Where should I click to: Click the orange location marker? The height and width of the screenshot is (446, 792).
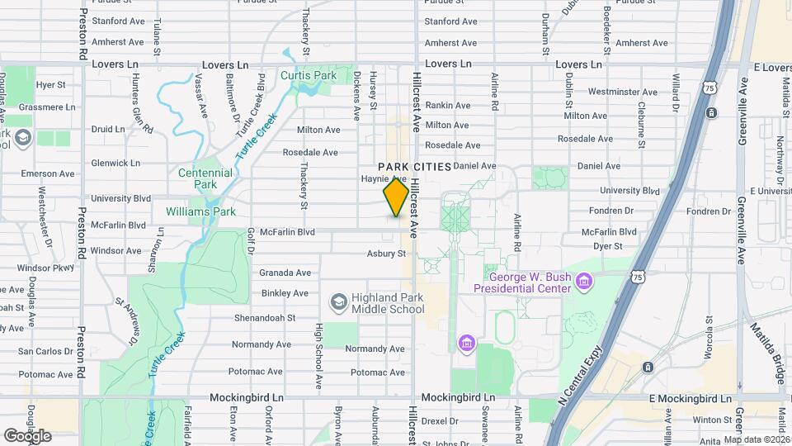pyautogui.click(x=396, y=197)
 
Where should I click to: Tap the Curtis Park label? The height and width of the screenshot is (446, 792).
pyautogui.click(x=309, y=76)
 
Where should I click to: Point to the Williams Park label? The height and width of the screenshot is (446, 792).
pyautogui.click(x=200, y=211)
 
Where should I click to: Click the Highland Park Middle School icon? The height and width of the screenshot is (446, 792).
pyautogui.click(x=337, y=303)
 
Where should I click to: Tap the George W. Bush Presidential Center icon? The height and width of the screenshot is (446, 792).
pyautogui.click(x=584, y=282)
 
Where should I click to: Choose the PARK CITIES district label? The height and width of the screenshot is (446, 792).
pyautogui.click(x=415, y=167)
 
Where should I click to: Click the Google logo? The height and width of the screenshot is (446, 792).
pyautogui.click(x=27, y=435)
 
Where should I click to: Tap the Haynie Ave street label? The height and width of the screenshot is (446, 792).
pyautogui.click(x=383, y=178)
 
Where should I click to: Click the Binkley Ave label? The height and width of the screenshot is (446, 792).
pyautogui.click(x=285, y=293)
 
